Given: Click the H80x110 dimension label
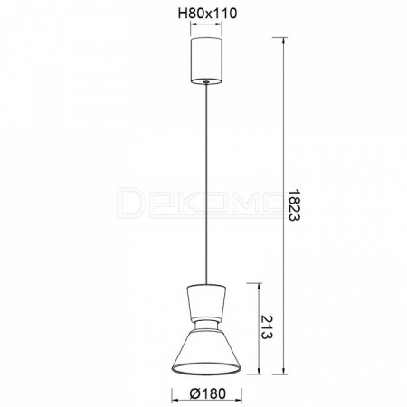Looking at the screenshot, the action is (x=207, y=14).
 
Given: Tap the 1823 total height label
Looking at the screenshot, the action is (x=293, y=205).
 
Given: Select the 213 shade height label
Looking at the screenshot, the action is (x=267, y=327).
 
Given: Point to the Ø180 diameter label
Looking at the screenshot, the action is (x=208, y=393).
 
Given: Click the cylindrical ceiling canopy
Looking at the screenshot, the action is (x=206, y=60).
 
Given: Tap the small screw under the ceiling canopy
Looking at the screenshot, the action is (x=206, y=81).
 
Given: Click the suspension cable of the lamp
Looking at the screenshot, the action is (x=206, y=184).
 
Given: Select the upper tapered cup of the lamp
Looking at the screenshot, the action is (x=206, y=301).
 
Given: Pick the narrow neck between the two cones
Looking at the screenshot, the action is (x=206, y=325).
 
